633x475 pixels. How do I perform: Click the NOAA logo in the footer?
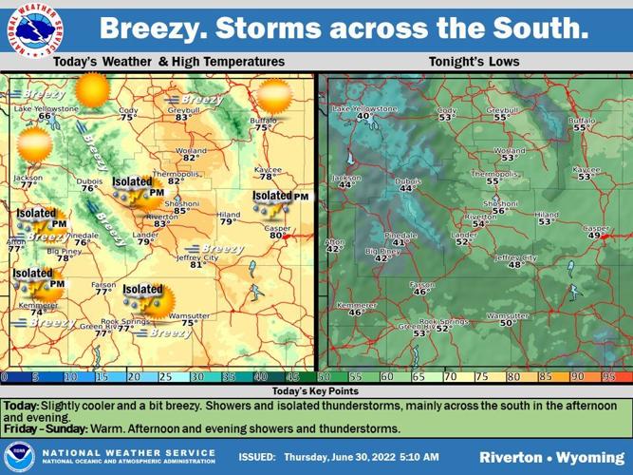tap(19, 456)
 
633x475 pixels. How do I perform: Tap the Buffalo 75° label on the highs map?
tap(263, 123)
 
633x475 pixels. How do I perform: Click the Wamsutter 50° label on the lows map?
tap(508, 319)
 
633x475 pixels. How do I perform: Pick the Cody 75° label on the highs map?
tap(128, 114)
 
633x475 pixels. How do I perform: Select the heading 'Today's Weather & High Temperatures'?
tap(169, 62)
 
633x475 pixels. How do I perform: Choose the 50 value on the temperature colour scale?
tap(325, 376)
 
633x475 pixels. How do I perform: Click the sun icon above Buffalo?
tap(273, 95)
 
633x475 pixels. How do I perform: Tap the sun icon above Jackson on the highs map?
tap(35, 145)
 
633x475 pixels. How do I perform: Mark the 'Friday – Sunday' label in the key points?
tap(45, 429)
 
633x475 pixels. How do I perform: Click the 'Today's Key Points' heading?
tap(316, 391)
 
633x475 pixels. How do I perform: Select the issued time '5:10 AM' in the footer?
tap(417, 457)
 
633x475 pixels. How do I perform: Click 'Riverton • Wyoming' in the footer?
tap(546, 457)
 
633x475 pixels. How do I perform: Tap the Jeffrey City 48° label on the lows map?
tap(516, 261)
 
